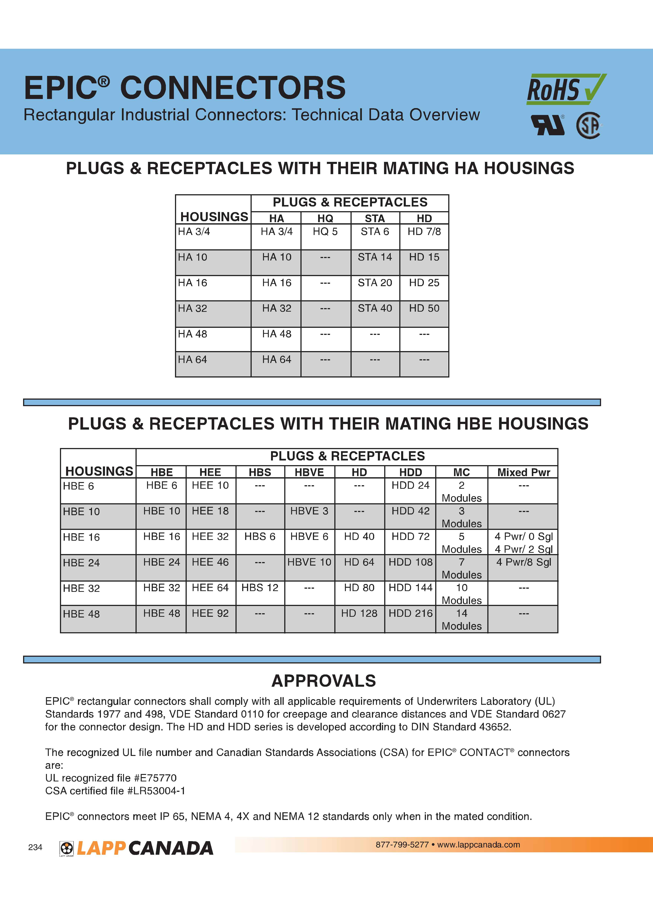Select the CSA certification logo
589,125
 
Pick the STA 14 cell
375,257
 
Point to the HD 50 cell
424,308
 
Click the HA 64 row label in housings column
193,360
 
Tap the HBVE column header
309,472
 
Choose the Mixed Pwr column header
523,472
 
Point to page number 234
35,847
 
